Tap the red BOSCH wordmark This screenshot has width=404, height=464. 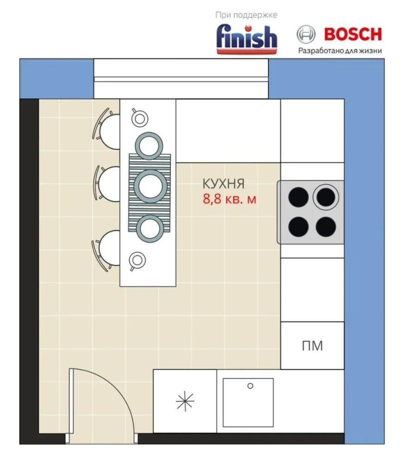(x=353, y=34)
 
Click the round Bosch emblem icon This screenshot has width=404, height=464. (x=306, y=34)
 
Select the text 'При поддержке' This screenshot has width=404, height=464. (x=246, y=15)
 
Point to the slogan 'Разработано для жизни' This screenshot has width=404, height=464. (x=340, y=51)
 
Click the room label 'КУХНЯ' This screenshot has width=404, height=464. (x=224, y=184)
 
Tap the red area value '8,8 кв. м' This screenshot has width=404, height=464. (x=230, y=199)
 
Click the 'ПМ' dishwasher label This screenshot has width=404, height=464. (x=312, y=346)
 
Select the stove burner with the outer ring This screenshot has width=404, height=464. (x=326, y=197)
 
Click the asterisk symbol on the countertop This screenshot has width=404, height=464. (x=185, y=401)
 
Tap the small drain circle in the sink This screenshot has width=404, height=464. (x=250, y=386)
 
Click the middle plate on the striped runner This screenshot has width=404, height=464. (x=150, y=186)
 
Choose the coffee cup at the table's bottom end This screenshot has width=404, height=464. (x=137, y=260)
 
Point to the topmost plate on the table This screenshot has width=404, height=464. (x=149, y=146)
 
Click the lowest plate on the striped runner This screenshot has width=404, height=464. (x=150, y=228)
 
